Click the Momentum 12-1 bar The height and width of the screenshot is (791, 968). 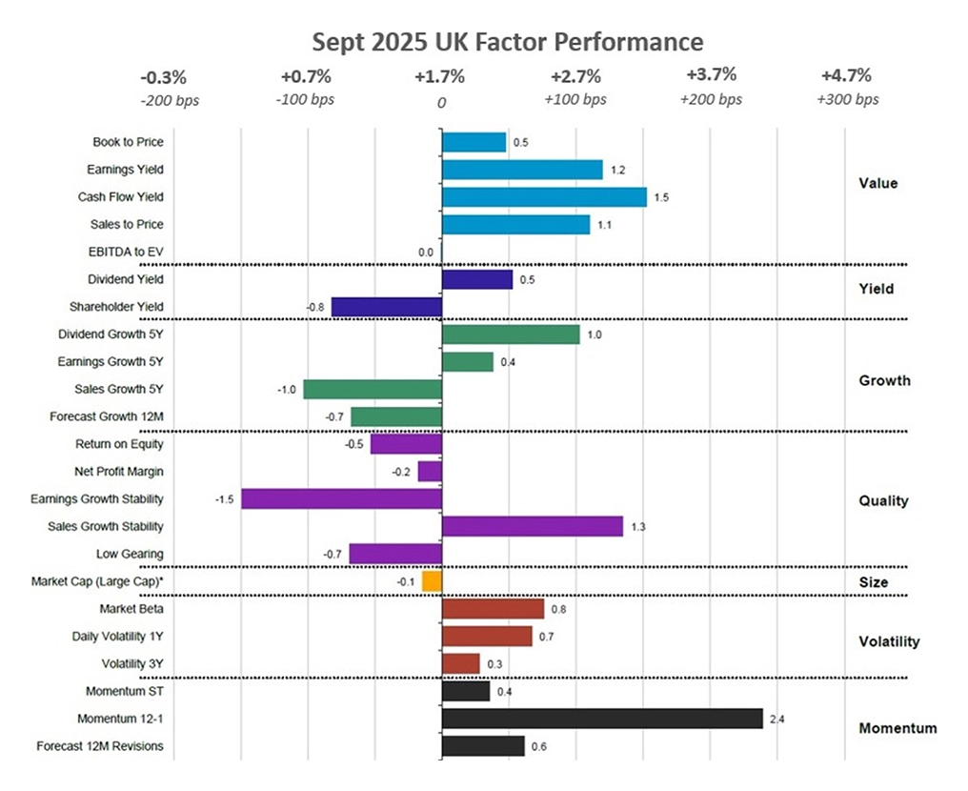tap(602, 719)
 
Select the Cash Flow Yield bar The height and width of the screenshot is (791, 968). tap(544, 197)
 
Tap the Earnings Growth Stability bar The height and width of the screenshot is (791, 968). tap(341, 498)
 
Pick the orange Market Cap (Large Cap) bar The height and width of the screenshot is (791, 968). tap(432, 581)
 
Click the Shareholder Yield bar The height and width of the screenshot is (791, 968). tap(386, 307)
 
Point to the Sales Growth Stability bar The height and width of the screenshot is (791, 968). tap(532, 526)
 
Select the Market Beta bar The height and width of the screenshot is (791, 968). tap(493, 609)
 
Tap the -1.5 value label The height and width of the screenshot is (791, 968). tap(225, 499)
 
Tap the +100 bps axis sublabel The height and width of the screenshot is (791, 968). tap(575, 99)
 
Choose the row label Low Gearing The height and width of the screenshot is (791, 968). tap(130, 554)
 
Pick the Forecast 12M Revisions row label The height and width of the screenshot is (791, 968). tap(99, 746)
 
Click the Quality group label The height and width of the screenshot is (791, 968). tap(883, 500)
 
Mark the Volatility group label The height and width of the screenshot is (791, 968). tap(889, 641)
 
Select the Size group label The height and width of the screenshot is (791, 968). tap(873, 582)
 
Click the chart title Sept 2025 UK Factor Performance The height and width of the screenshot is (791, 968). tap(508, 42)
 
